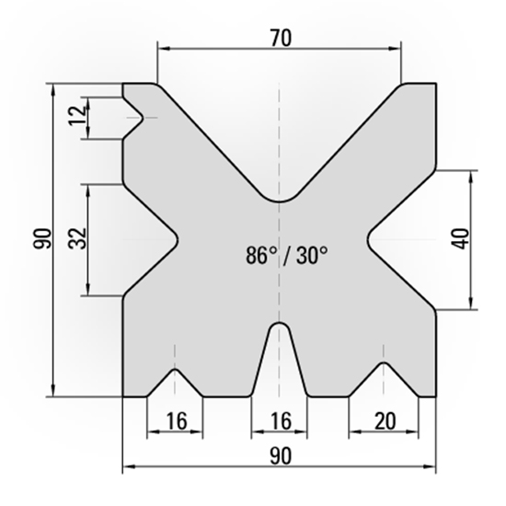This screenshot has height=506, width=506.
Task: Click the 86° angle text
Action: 261,255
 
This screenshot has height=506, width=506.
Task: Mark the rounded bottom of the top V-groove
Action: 281,200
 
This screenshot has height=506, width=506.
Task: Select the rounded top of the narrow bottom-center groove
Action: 281,325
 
